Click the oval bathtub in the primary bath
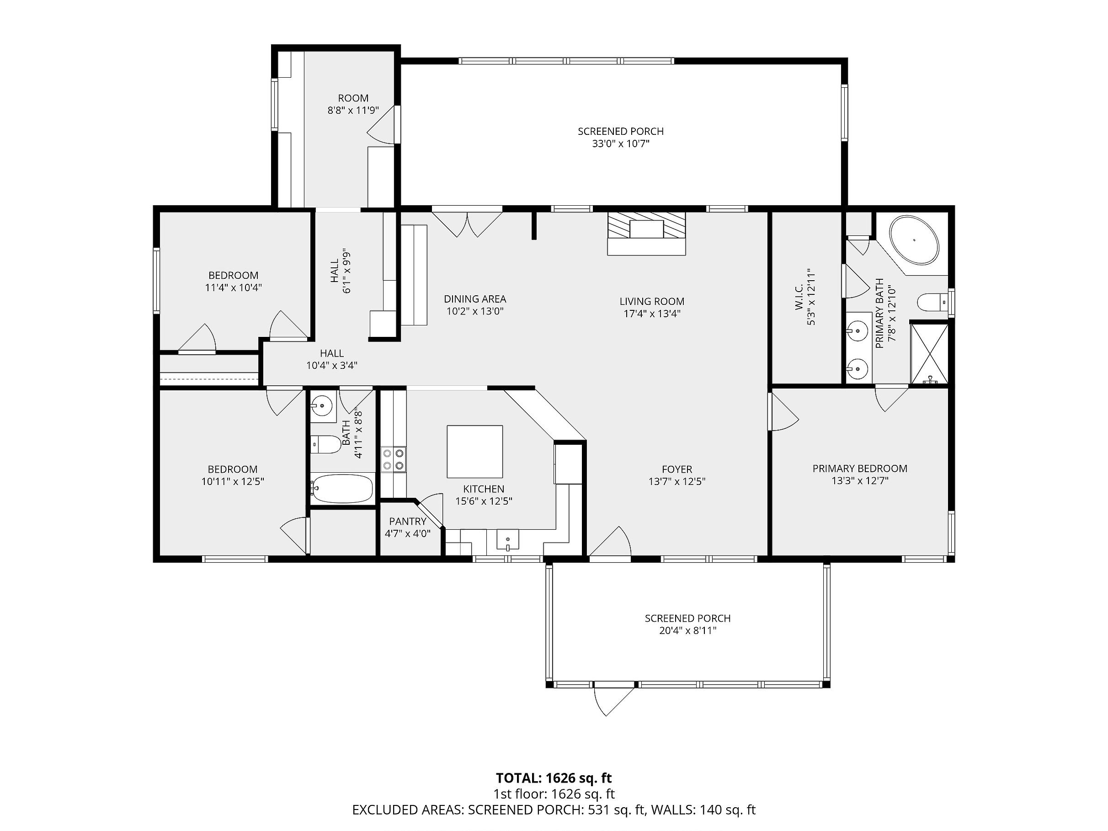pos(914,240)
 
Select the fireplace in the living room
pos(646,234)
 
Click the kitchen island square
pos(474,451)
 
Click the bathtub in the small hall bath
pos(341,488)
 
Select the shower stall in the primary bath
pos(929,354)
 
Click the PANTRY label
pos(408,522)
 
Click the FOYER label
pos(677,469)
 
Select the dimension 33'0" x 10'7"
pos(621,144)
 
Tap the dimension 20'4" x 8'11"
pos(688,631)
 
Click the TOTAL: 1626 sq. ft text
pos(554,778)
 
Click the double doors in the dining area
pos(467,224)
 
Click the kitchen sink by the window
pos(507,540)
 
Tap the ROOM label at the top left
pos(353,98)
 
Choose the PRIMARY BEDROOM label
pos(859,469)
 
